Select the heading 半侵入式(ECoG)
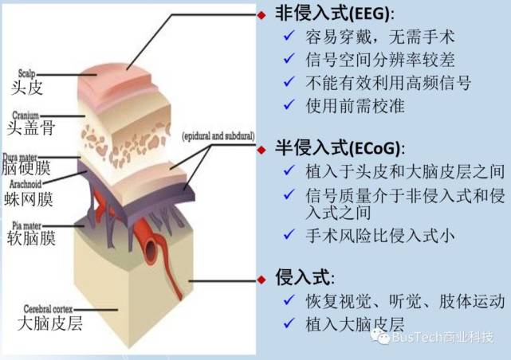tap(340, 149)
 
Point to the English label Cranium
tap(27, 115)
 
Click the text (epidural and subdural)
tap(217, 135)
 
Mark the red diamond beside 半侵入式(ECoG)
tap(262, 149)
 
